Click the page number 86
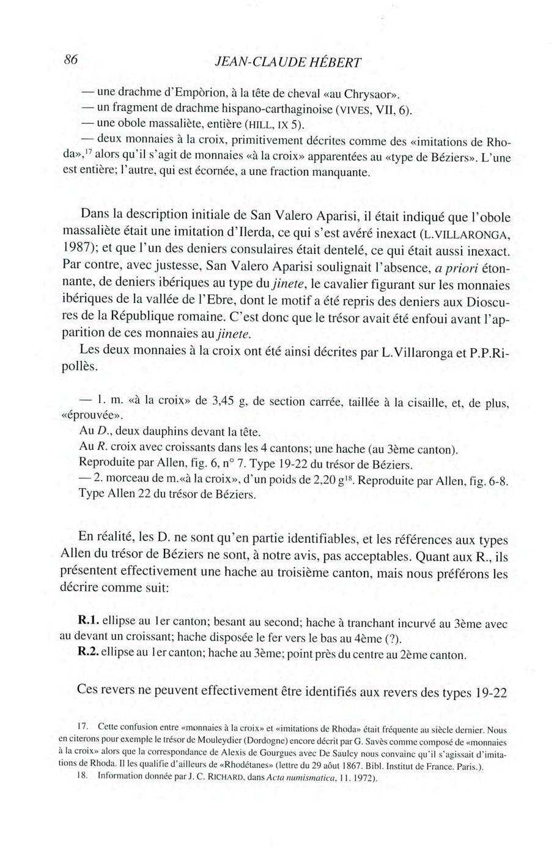tap(72, 60)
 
